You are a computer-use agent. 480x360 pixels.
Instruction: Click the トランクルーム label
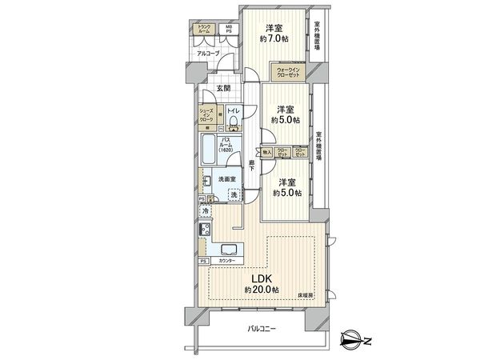coord(205,29)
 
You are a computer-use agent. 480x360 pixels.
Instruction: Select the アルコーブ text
coord(208,54)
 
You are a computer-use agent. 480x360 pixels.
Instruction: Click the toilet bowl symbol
coord(232,122)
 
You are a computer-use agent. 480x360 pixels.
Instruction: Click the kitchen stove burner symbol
coord(205,231)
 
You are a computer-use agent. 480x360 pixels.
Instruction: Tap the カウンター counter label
coord(227,261)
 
